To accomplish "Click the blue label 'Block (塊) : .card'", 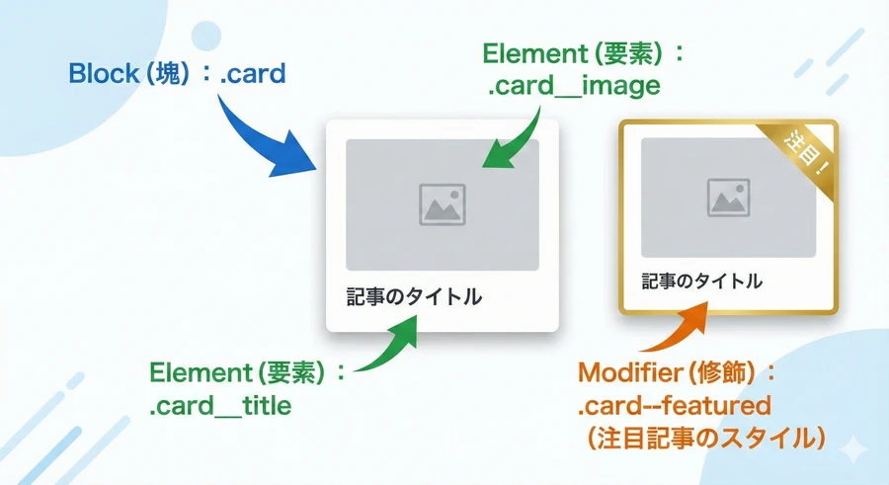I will tap(177, 72).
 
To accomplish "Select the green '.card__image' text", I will tap(573, 87).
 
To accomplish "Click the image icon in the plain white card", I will tap(442, 204).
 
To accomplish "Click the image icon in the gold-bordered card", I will tap(730, 198).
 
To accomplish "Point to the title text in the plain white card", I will tap(414, 296).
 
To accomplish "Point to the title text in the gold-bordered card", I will tap(701, 281).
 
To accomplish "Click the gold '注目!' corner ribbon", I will tap(807, 149).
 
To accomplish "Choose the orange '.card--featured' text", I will tap(674, 407).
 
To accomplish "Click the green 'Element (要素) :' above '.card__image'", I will tap(573, 53).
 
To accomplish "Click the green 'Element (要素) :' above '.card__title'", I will tap(248, 373).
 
